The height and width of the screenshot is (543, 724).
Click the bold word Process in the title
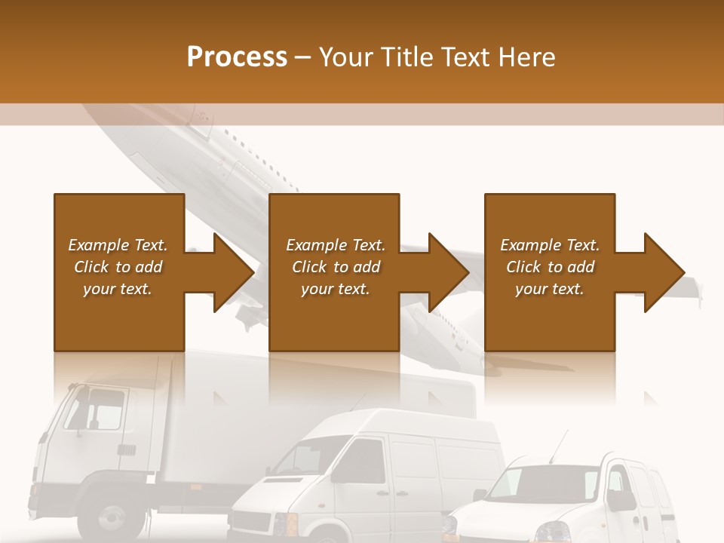[x=237, y=57]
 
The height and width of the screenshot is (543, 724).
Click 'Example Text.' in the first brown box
[x=118, y=245]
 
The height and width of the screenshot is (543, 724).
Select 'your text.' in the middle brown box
[x=335, y=289]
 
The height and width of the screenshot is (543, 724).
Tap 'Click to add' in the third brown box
[x=550, y=267]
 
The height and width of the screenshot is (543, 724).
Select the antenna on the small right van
[x=559, y=446]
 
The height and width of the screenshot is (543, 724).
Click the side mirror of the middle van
[x=336, y=475]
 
